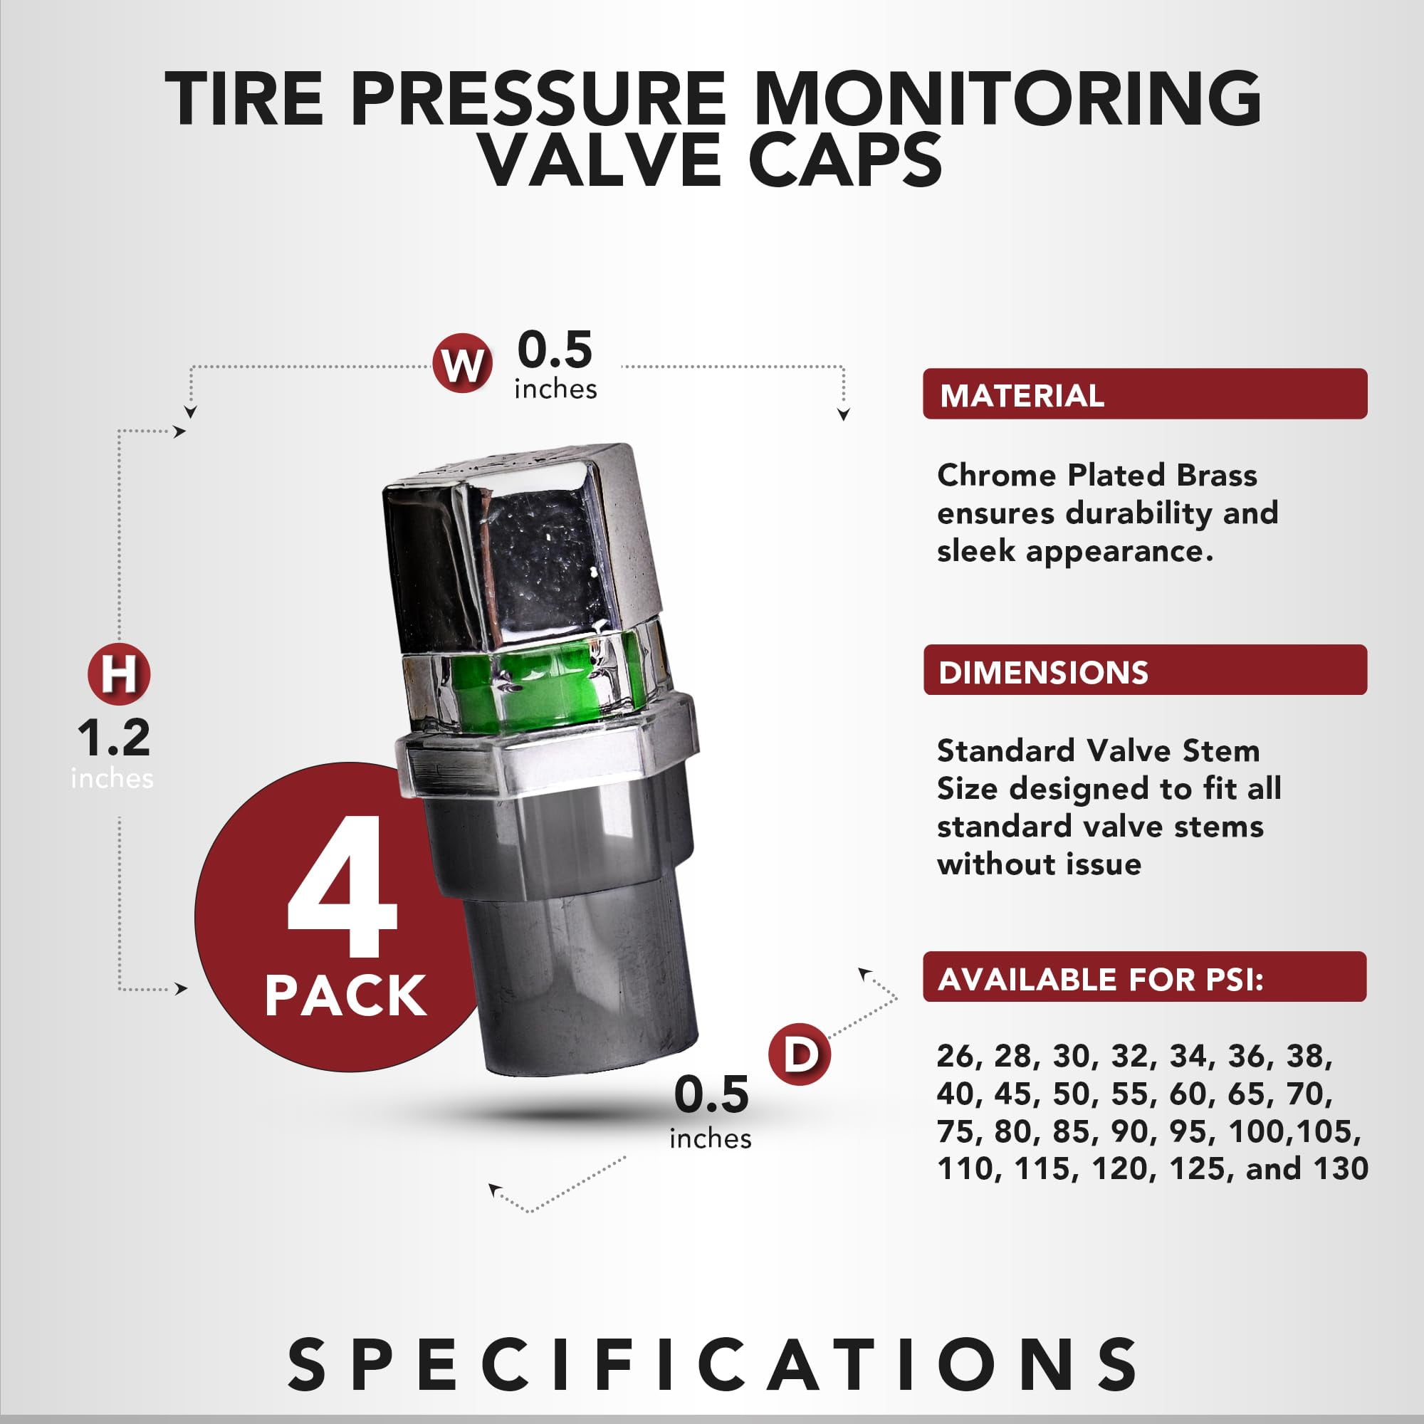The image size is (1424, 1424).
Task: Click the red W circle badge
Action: point(463,365)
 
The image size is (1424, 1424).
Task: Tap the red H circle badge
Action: point(119,674)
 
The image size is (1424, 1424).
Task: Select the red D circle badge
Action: point(799,1054)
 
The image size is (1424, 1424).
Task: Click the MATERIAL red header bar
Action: point(1145,394)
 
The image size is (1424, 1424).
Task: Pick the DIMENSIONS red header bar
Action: point(1145,669)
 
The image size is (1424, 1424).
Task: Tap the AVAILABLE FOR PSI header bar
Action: point(1145,977)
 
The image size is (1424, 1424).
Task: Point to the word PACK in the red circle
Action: point(346,996)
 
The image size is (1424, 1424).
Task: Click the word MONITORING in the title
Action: point(1007,98)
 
